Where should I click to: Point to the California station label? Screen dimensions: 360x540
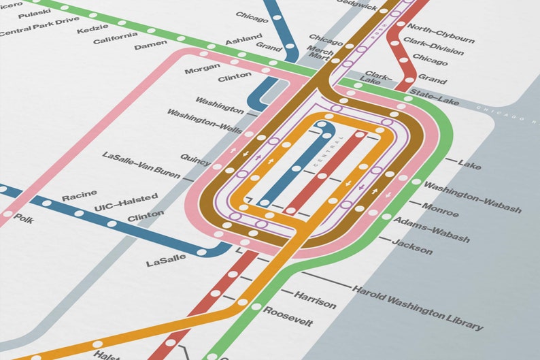pyautogui.click(x=120, y=38)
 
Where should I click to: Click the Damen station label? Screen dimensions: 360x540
pyautogui.click(x=150, y=46)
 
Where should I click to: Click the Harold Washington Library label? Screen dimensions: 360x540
pyautogui.click(x=418, y=308)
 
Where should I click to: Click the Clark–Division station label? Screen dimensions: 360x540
pyautogui.click(x=434, y=46)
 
